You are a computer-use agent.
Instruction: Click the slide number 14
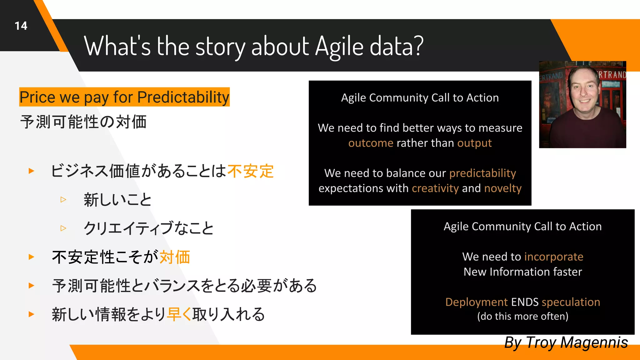(21, 26)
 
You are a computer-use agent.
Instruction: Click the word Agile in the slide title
(339, 47)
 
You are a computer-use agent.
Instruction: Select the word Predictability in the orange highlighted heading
(183, 97)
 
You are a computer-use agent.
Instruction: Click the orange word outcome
(371, 143)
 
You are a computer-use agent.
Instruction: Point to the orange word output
(474, 143)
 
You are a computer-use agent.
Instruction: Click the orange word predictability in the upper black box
(482, 173)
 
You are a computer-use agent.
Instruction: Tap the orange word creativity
(435, 188)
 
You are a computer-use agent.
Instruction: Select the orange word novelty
(503, 188)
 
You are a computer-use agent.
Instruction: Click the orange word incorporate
(553, 257)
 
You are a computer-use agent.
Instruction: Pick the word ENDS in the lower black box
(525, 302)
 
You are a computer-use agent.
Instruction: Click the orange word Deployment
(476, 302)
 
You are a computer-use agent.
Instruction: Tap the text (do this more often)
(522, 316)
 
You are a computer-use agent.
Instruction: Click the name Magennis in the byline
(594, 342)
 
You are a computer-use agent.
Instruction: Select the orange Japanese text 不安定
(251, 171)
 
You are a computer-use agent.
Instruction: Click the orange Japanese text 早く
(179, 314)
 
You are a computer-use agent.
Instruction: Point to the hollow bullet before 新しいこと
(63, 199)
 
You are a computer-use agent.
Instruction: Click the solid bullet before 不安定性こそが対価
(31, 257)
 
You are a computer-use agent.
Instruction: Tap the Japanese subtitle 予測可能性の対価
(83, 122)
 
